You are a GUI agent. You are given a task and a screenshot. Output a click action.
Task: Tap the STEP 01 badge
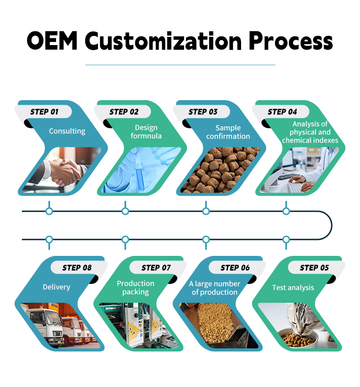pos(44,112)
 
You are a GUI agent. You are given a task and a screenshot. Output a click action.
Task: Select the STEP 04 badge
pos(282,112)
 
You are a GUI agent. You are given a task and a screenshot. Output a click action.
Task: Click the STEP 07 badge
pos(156,267)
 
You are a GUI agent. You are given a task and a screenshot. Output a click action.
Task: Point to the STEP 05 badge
pos(314,267)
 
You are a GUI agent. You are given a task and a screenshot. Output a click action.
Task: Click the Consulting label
pos(67,131)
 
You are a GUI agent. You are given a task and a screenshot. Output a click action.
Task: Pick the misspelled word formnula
pos(146,136)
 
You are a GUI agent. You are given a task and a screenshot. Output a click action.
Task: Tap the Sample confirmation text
pos(228,132)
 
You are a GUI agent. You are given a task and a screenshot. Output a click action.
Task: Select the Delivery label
pos(57,287)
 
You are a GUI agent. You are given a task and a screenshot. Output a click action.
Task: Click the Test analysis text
pos(293,287)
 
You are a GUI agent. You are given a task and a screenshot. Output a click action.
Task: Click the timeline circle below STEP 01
pos(49,211)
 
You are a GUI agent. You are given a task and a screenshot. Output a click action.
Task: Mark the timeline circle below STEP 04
pos(286,211)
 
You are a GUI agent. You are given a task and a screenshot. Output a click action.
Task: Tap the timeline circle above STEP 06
pos(206,239)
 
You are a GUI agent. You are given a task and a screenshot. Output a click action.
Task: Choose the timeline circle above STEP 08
pos(49,239)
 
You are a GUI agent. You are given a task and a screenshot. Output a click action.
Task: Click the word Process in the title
pos(290,41)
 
